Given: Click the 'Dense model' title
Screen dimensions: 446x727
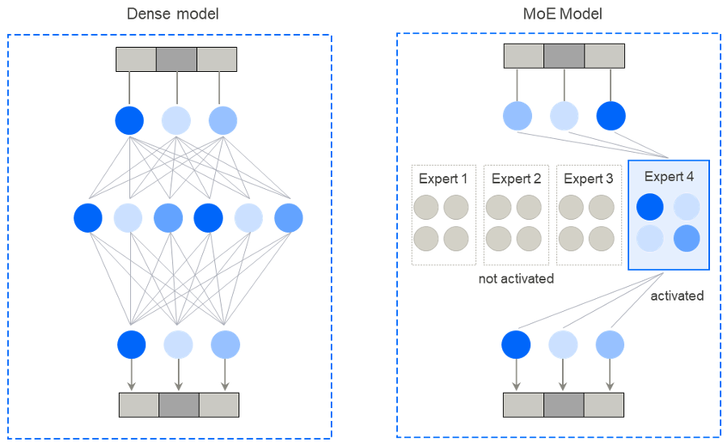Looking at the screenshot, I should coord(173,14).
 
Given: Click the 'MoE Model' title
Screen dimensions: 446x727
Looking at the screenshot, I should coord(558,14).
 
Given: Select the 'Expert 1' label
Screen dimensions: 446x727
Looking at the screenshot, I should coord(443,179).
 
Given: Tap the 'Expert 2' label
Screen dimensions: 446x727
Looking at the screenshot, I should coord(516,179).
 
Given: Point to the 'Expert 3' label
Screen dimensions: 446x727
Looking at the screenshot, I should coord(588,179).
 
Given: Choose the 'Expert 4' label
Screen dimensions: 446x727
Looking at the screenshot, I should coord(668,175).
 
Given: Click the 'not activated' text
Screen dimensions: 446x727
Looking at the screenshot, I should coord(516,279).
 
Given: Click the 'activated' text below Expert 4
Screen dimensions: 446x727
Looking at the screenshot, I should coord(677,296).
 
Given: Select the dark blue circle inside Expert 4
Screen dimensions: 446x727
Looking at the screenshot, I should coord(649,206).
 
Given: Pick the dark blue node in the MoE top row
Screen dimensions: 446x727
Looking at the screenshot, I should coord(611,116).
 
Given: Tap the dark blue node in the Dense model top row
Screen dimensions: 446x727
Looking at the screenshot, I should coord(129,120).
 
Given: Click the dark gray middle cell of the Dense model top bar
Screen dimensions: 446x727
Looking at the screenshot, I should coord(176,60).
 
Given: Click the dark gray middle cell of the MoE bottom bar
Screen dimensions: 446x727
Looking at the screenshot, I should coord(564,404).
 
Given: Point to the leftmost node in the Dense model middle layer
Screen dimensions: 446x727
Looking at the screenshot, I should coord(88,217).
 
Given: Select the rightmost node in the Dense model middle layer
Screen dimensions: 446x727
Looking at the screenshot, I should coord(289,217).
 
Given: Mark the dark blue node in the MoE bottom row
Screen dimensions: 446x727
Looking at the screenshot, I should coord(517,345).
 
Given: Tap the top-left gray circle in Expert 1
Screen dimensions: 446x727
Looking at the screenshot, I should coord(427,207).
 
